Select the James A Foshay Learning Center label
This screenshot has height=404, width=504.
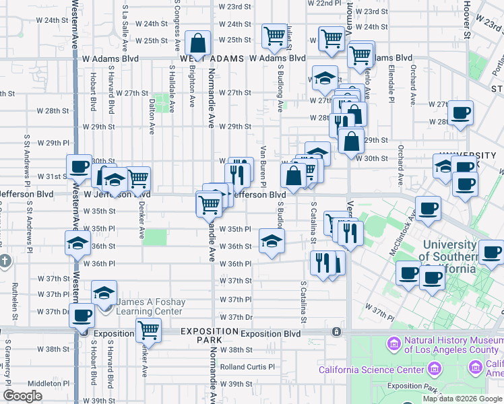pos(149,306)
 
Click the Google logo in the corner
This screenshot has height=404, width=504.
pos(22,396)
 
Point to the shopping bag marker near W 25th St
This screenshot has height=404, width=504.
pos(199,44)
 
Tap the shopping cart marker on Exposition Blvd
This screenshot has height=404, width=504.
pos(148,331)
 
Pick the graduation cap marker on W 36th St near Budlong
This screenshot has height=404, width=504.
pos(272,241)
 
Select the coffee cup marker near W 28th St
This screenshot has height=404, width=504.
pos(461,112)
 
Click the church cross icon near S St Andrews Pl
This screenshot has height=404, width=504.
pos(5,261)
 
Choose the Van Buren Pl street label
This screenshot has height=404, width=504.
pos(263,166)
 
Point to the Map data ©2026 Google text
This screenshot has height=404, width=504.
pos(463,399)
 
